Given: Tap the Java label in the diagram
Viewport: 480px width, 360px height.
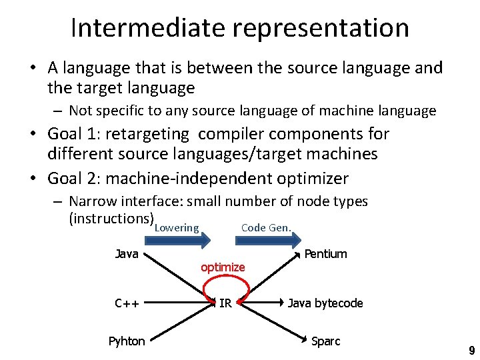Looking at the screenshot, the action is pos(127,253).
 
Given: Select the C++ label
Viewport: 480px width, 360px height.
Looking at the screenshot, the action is pos(127,304).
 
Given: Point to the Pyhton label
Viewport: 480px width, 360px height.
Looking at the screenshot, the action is pos(127,341).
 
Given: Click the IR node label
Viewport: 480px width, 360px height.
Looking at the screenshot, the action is pos(225,304).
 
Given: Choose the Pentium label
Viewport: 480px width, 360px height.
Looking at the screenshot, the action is pos(325,254).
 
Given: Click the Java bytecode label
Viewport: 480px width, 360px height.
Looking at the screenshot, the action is pos(325,303).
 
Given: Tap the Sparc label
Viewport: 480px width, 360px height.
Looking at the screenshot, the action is pos(325,341).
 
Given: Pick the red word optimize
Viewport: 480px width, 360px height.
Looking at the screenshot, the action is pos(223,267).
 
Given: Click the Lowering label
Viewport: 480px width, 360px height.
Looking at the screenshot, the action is pos(177,228).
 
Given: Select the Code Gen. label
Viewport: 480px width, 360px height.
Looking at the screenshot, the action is pos(266,228).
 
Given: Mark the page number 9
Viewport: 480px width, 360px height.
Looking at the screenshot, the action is pos(471,351).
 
